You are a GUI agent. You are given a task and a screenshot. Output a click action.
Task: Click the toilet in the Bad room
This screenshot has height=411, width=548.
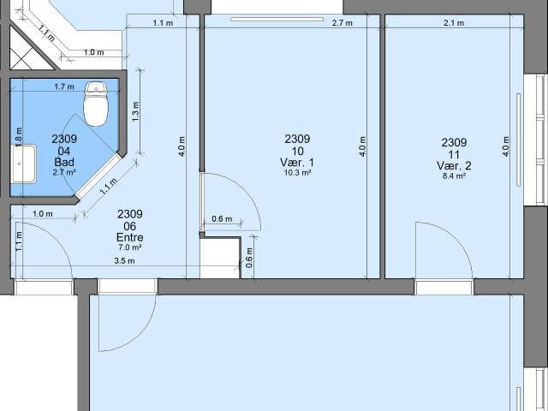(x=95, y=104)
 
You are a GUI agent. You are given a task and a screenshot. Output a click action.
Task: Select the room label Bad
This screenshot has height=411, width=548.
(x=64, y=162)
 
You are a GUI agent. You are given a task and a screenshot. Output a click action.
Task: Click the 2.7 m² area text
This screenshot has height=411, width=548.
(x=64, y=172)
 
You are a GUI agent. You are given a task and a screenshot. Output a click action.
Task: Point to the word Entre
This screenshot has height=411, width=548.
(x=129, y=237)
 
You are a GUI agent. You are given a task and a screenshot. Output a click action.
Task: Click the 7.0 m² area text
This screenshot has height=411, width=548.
(x=129, y=247)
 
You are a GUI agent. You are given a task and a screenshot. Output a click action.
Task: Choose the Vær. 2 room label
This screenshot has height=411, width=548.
(x=454, y=166)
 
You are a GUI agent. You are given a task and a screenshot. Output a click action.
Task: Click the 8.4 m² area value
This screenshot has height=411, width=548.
(x=454, y=176)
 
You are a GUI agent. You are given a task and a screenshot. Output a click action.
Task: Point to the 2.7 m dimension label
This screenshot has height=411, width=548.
(x=342, y=23)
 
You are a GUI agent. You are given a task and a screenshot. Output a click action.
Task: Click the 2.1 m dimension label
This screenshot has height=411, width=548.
(x=454, y=23)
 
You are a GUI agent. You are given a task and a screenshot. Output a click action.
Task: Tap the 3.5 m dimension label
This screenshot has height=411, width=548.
(x=125, y=261)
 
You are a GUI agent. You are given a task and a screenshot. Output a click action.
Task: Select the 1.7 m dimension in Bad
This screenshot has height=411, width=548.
(x=64, y=86)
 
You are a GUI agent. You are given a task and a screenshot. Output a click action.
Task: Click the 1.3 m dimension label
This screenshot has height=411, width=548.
(x=136, y=110)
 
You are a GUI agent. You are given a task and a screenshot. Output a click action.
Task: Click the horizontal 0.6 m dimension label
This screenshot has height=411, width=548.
(x=222, y=218)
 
